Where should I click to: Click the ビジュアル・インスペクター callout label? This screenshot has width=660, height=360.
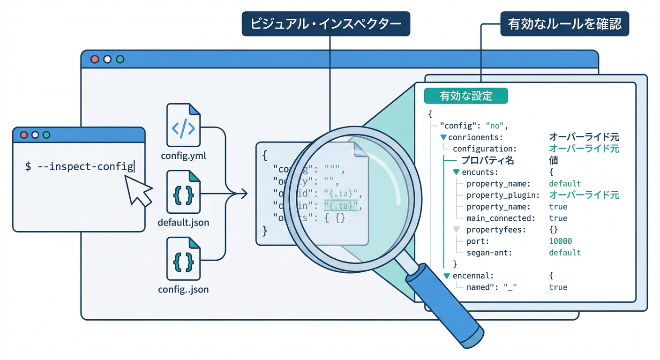point(326,24)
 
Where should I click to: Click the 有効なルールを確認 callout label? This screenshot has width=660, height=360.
point(564,24)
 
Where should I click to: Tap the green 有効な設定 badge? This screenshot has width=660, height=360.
point(465,96)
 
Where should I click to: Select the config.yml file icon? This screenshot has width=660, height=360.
point(183,125)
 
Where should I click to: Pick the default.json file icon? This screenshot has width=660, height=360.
point(183,192)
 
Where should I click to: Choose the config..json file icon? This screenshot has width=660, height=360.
point(183,259)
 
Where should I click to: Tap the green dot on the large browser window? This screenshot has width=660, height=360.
point(120,60)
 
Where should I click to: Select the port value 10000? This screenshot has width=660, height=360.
point(560,241)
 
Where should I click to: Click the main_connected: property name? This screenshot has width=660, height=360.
point(501,218)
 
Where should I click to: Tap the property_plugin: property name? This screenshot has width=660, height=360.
point(503,195)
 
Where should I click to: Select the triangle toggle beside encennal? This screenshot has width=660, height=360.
point(447,276)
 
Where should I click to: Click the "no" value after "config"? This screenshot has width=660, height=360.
point(495,126)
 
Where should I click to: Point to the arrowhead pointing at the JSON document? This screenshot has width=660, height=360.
point(244,193)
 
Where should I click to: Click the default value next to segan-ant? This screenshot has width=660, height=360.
point(564,253)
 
